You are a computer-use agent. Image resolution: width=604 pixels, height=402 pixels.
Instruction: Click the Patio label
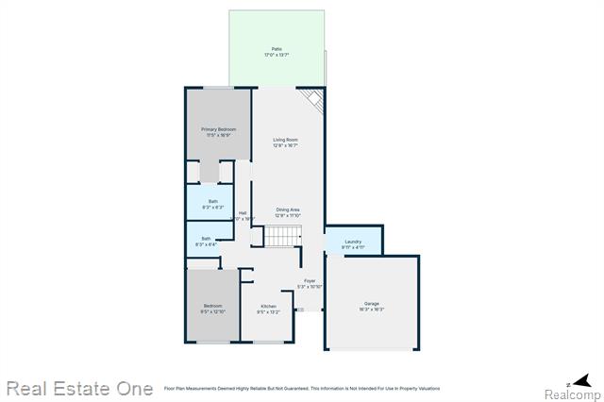point(277,49)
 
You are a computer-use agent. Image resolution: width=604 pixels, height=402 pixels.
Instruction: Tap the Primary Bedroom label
point(218,129)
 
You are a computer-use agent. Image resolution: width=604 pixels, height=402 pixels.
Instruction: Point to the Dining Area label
point(288,209)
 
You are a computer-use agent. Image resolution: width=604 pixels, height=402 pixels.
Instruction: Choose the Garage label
point(372,304)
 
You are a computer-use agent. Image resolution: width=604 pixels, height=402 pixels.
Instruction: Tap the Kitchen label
point(268,306)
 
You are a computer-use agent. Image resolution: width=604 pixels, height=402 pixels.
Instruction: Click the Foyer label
point(310,280)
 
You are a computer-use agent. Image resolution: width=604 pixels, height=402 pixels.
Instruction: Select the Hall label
point(243,212)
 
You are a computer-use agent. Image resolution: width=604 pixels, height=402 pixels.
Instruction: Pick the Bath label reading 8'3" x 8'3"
point(212,201)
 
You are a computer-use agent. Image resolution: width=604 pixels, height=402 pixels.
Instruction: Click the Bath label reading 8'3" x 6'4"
point(206,239)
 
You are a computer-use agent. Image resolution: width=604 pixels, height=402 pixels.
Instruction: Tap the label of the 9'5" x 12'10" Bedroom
point(212,306)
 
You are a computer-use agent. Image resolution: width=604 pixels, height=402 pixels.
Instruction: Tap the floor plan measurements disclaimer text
point(302,388)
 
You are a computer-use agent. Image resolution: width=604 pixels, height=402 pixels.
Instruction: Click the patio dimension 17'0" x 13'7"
point(277,55)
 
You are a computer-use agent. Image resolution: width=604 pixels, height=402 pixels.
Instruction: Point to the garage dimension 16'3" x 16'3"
point(372,310)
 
